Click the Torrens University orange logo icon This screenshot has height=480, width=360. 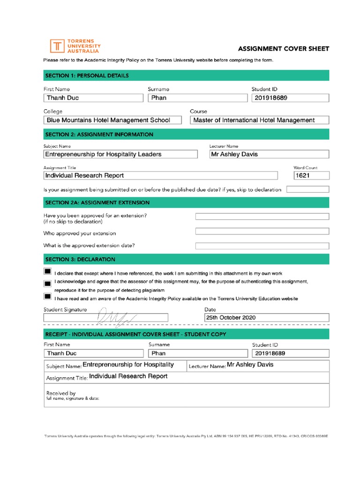[x=58, y=46]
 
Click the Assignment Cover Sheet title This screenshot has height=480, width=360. [x=284, y=49]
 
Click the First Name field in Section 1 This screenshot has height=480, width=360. [x=93, y=98]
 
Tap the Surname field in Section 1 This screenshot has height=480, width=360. [x=197, y=98]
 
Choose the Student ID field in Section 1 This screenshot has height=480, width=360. [x=290, y=98]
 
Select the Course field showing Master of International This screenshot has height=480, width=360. [x=260, y=120]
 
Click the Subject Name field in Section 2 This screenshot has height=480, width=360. [x=120, y=154]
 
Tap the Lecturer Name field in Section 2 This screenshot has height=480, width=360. [x=269, y=154]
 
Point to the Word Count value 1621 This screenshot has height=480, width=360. [x=311, y=176]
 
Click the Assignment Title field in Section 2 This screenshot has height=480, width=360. [x=160, y=176]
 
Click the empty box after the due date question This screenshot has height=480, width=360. [x=307, y=189]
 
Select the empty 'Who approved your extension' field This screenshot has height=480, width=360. [x=262, y=232]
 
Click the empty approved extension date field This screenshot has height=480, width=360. [x=262, y=246]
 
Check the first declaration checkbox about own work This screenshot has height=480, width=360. [x=47, y=272]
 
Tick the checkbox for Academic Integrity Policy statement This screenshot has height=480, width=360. [x=47, y=296]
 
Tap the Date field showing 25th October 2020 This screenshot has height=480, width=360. [x=267, y=317]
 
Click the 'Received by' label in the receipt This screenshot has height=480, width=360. [x=61, y=393]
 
